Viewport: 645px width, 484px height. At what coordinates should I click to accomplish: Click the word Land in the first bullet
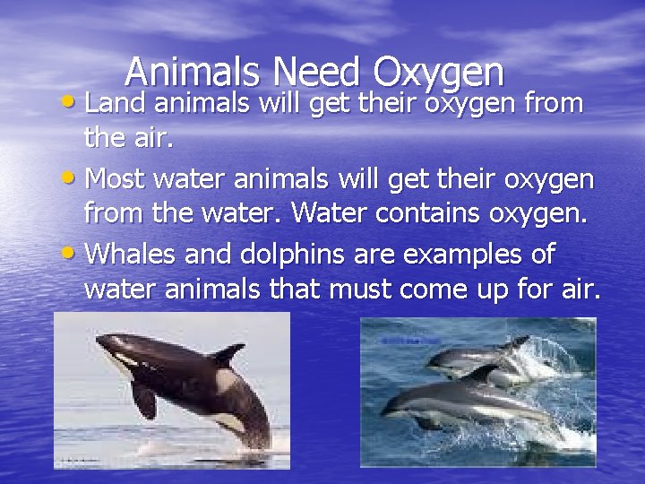tap(116, 105)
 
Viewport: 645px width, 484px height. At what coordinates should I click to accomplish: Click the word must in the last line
tap(353, 292)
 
